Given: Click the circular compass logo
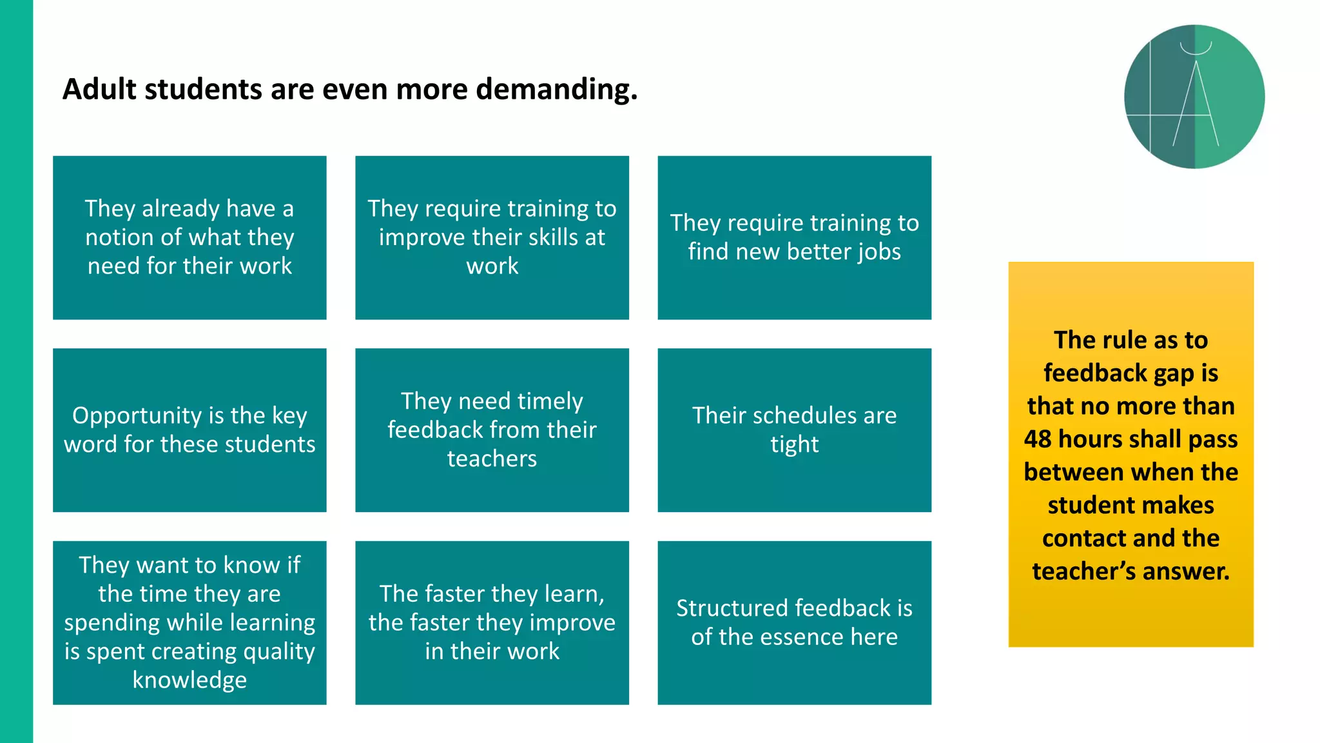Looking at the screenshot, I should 1194,97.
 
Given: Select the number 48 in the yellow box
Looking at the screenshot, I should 1038,439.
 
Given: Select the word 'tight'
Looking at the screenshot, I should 794,444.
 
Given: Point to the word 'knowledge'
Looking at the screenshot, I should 189,680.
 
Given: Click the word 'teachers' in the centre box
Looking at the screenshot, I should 492,459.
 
